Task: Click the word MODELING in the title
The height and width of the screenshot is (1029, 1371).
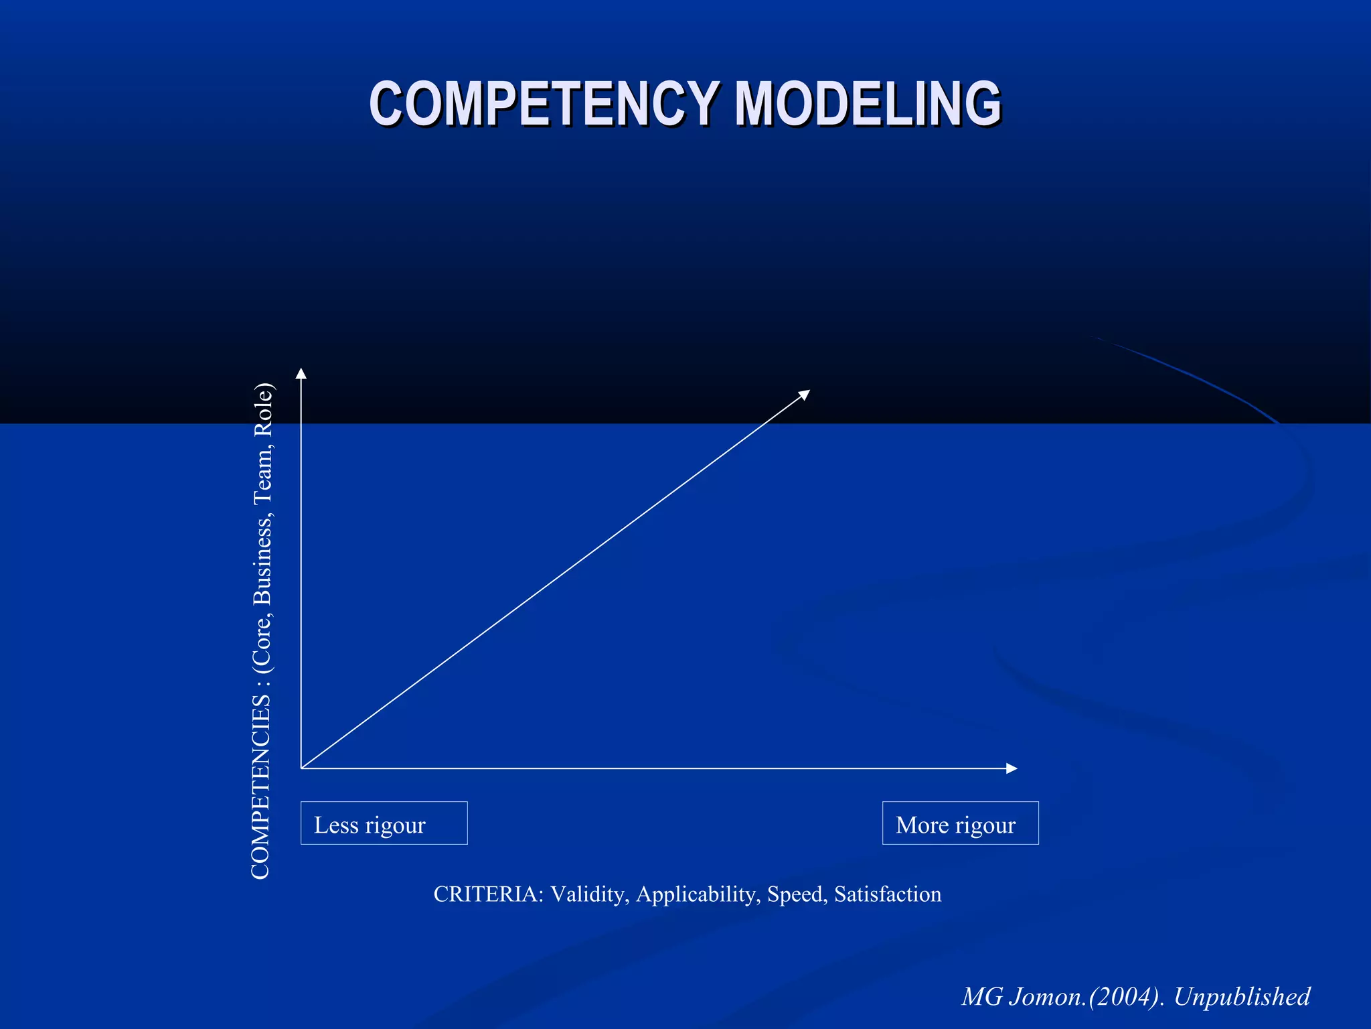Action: point(868,104)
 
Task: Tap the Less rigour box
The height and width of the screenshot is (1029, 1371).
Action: point(384,823)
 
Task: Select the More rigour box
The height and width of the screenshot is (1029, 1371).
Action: point(960,823)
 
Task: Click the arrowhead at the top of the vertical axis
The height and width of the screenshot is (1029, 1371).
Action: point(301,373)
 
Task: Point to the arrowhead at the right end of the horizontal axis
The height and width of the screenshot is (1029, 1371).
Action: point(1012,768)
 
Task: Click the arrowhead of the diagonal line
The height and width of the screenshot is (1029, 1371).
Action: point(805,394)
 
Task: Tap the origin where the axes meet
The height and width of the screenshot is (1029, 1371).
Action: point(301,768)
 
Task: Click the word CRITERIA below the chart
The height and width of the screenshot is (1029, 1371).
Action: point(487,894)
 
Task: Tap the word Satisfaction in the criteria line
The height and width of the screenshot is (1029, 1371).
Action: point(888,894)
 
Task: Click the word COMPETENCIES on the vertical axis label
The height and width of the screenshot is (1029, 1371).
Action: point(260,787)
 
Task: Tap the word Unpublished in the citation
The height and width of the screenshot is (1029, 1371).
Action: point(1242,997)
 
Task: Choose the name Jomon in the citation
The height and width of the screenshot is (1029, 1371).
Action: point(1046,997)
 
